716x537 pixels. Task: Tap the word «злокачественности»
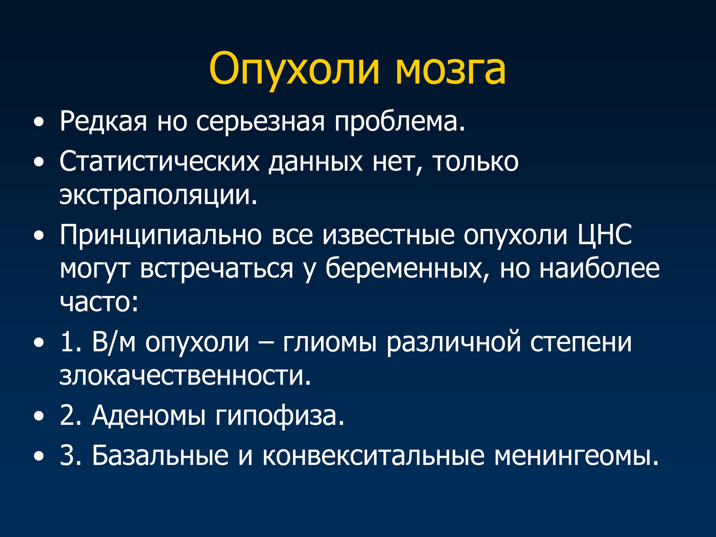point(185,376)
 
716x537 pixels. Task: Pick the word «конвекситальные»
point(373,455)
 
